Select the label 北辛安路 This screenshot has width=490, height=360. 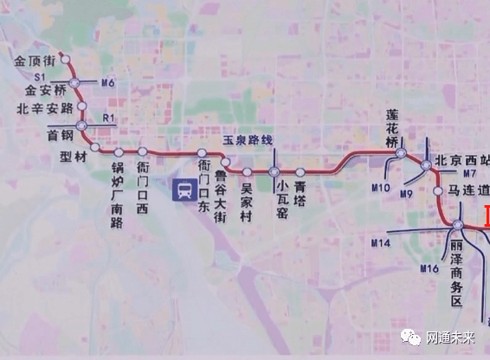(43, 109)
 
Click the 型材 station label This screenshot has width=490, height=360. (74, 158)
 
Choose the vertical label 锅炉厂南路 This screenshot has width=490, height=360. (118, 194)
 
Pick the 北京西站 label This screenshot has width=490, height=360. (462, 160)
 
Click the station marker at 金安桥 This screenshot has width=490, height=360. (75, 82)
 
